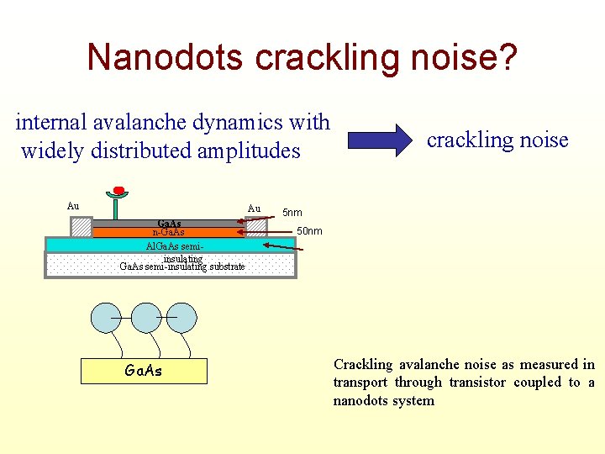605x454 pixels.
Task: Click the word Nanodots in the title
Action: point(166,57)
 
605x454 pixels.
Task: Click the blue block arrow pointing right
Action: point(376,140)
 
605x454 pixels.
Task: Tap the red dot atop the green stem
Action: point(118,190)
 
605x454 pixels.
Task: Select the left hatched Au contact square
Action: point(82,228)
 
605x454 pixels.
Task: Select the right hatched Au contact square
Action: point(255,227)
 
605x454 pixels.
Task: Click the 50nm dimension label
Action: point(308,231)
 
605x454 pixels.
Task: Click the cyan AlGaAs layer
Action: point(168,245)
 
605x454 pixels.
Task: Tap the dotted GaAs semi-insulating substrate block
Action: point(168,266)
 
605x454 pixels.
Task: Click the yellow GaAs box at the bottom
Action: point(144,370)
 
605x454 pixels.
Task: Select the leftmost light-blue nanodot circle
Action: point(107,318)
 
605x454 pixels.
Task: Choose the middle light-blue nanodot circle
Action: point(145,318)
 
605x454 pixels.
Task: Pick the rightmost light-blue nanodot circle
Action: point(181,318)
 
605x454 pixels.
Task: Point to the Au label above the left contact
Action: point(73,206)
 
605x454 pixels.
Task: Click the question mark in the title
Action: point(508,57)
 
